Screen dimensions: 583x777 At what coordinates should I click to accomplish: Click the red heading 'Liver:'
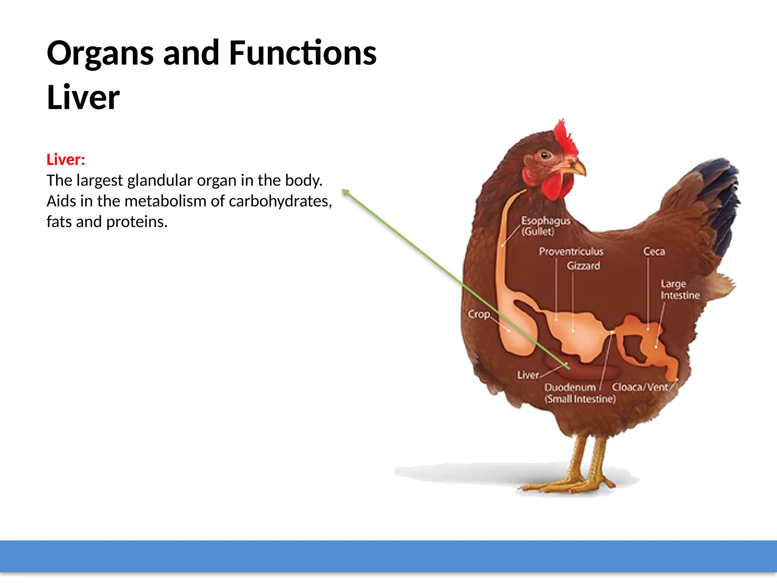point(66,160)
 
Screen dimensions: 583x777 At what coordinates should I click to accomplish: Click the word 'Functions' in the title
point(302,53)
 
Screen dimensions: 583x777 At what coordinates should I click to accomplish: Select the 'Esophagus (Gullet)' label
point(545,226)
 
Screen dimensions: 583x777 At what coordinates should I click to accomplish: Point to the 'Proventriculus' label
point(571,251)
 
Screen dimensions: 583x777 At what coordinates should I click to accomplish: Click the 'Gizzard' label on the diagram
point(584,266)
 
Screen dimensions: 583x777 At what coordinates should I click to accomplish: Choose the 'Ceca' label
point(654,251)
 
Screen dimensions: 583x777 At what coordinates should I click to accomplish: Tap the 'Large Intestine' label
point(679,290)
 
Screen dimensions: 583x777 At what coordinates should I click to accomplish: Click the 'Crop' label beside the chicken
point(478,314)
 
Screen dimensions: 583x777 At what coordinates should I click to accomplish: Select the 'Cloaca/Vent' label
point(640,387)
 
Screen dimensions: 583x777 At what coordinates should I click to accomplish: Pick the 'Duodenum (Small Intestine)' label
point(580,393)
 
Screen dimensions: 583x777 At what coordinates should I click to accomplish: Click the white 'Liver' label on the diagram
point(528,375)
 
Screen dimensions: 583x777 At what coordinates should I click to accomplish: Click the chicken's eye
point(545,155)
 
